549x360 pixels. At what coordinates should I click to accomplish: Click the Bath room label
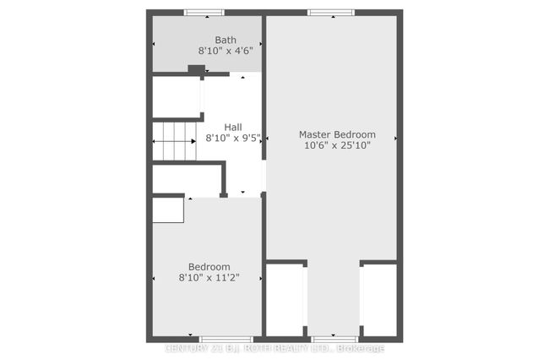click(226, 40)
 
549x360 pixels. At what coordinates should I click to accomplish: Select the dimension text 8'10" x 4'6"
click(226, 51)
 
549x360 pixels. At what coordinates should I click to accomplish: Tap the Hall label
click(233, 127)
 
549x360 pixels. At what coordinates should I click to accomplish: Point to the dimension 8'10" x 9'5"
click(233, 138)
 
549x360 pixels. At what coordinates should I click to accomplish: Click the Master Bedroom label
click(337, 134)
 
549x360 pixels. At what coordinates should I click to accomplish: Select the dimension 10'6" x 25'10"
click(337, 145)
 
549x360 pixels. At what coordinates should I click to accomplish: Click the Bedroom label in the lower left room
click(209, 267)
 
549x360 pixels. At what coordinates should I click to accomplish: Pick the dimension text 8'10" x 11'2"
click(209, 278)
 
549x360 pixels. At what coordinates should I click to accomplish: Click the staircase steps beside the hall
click(174, 141)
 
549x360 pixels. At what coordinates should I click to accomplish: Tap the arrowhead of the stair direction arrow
click(193, 141)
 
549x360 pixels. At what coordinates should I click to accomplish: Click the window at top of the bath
click(204, 13)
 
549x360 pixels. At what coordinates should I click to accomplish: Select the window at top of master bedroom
click(331, 13)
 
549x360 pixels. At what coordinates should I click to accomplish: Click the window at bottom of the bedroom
click(226, 340)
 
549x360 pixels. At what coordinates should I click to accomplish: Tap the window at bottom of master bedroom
click(334, 340)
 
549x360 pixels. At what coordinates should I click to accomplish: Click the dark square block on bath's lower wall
click(197, 69)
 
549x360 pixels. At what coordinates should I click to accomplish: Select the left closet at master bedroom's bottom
click(285, 300)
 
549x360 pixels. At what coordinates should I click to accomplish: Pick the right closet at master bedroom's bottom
click(380, 300)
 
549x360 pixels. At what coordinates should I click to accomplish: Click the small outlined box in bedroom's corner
click(168, 210)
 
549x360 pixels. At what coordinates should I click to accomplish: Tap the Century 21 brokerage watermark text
click(274, 348)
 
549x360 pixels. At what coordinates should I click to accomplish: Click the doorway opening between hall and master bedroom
click(264, 176)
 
